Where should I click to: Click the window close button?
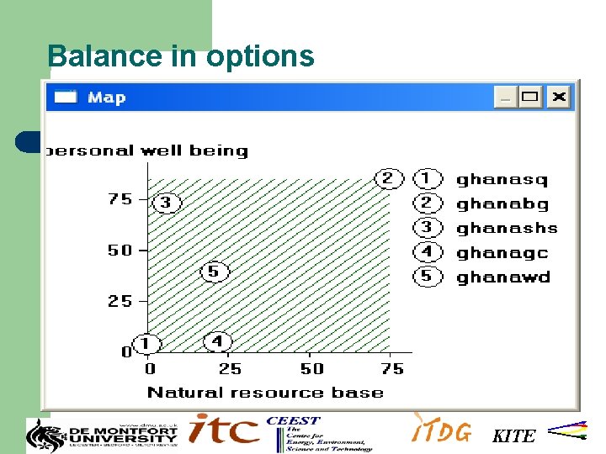pyautogui.click(x=559, y=97)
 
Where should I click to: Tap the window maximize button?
pyautogui.click(x=530, y=97)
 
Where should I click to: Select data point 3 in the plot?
pyautogui.click(x=166, y=203)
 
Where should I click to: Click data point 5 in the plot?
pyautogui.click(x=213, y=271)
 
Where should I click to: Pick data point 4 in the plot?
pyautogui.click(x=217, y=341)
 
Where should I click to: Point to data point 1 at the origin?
pyautogui.click(x=146, y=344)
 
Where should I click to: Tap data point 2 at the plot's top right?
pyautogui.click(x=387, y=178)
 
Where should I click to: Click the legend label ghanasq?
pyautogui.click(x=502, y=179)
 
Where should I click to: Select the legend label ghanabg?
pyautogui.click(x=502, y=203)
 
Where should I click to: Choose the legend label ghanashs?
pyautogui.click(x=507, y=228)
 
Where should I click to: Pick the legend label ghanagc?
pyautogui.click(x=502, y=252)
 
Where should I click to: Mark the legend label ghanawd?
pyautogui.click(x=502, y=277)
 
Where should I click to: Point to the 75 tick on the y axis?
pyautogui.click(x=120, y=199)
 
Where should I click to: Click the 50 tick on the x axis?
pyautogui.click(x=311, y=368)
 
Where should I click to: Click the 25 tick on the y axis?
pyautogui.click(x=120, y=301)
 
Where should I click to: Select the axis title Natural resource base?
pyautogui.click(x=265, y=392)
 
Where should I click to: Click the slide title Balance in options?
pyautogui.click(x=181, y=56)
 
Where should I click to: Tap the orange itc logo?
pyautogui.click(x=223, y=430)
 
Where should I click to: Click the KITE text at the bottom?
pyautogui.click(x=513, y=436)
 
